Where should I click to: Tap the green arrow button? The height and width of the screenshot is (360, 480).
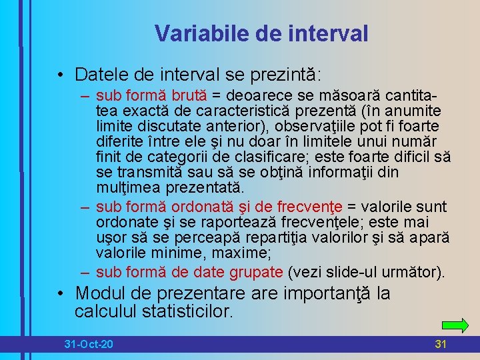pos(455,325)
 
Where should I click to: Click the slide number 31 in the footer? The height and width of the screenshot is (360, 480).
pos(440,344)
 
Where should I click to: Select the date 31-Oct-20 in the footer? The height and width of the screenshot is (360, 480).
pos(89,344)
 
